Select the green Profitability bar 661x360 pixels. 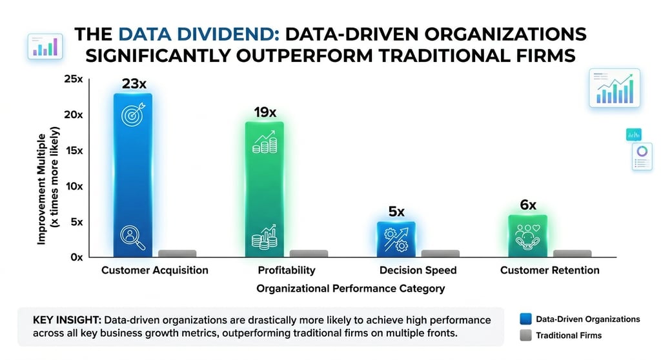click(x=264, y=187)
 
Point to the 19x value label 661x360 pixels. click(x=264, y=113)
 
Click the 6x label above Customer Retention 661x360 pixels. click(x=528, y=205)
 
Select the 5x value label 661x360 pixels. click(x=396, y=212)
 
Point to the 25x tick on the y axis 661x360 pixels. click(x=74, y=79)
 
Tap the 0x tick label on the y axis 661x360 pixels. click(x=77, y=257)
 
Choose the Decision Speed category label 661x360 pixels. click(x=418, y=270)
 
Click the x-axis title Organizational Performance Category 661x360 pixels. click(x=350, y=288)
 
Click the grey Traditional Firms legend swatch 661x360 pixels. click(x=525, y=335)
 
